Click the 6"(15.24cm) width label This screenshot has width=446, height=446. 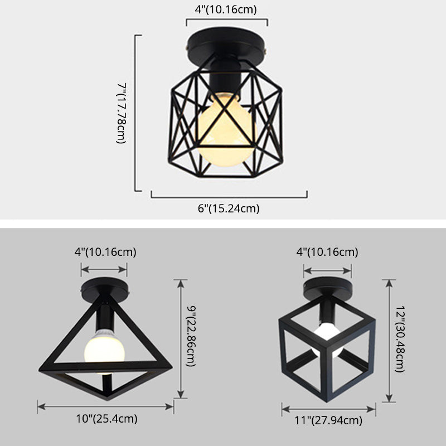pyautogui.click(x=229, y=209)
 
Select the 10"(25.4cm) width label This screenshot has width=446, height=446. pyautogui.click(x=105, y=419)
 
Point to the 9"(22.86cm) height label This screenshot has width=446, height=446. pyautogui.click(x=191, y=338)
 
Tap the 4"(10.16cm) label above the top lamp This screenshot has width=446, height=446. pyautogui.click(x=226, y=10)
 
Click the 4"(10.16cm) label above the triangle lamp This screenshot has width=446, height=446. pyautogui.click(x=105, y=251)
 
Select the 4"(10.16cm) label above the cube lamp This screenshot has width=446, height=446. pyautogui.click(x=327, y=252)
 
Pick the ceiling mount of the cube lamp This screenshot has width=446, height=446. pyautogui.click(x=327, y=289)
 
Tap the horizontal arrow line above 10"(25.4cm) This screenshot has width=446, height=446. pyautogui.click(x=105, y=405)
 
